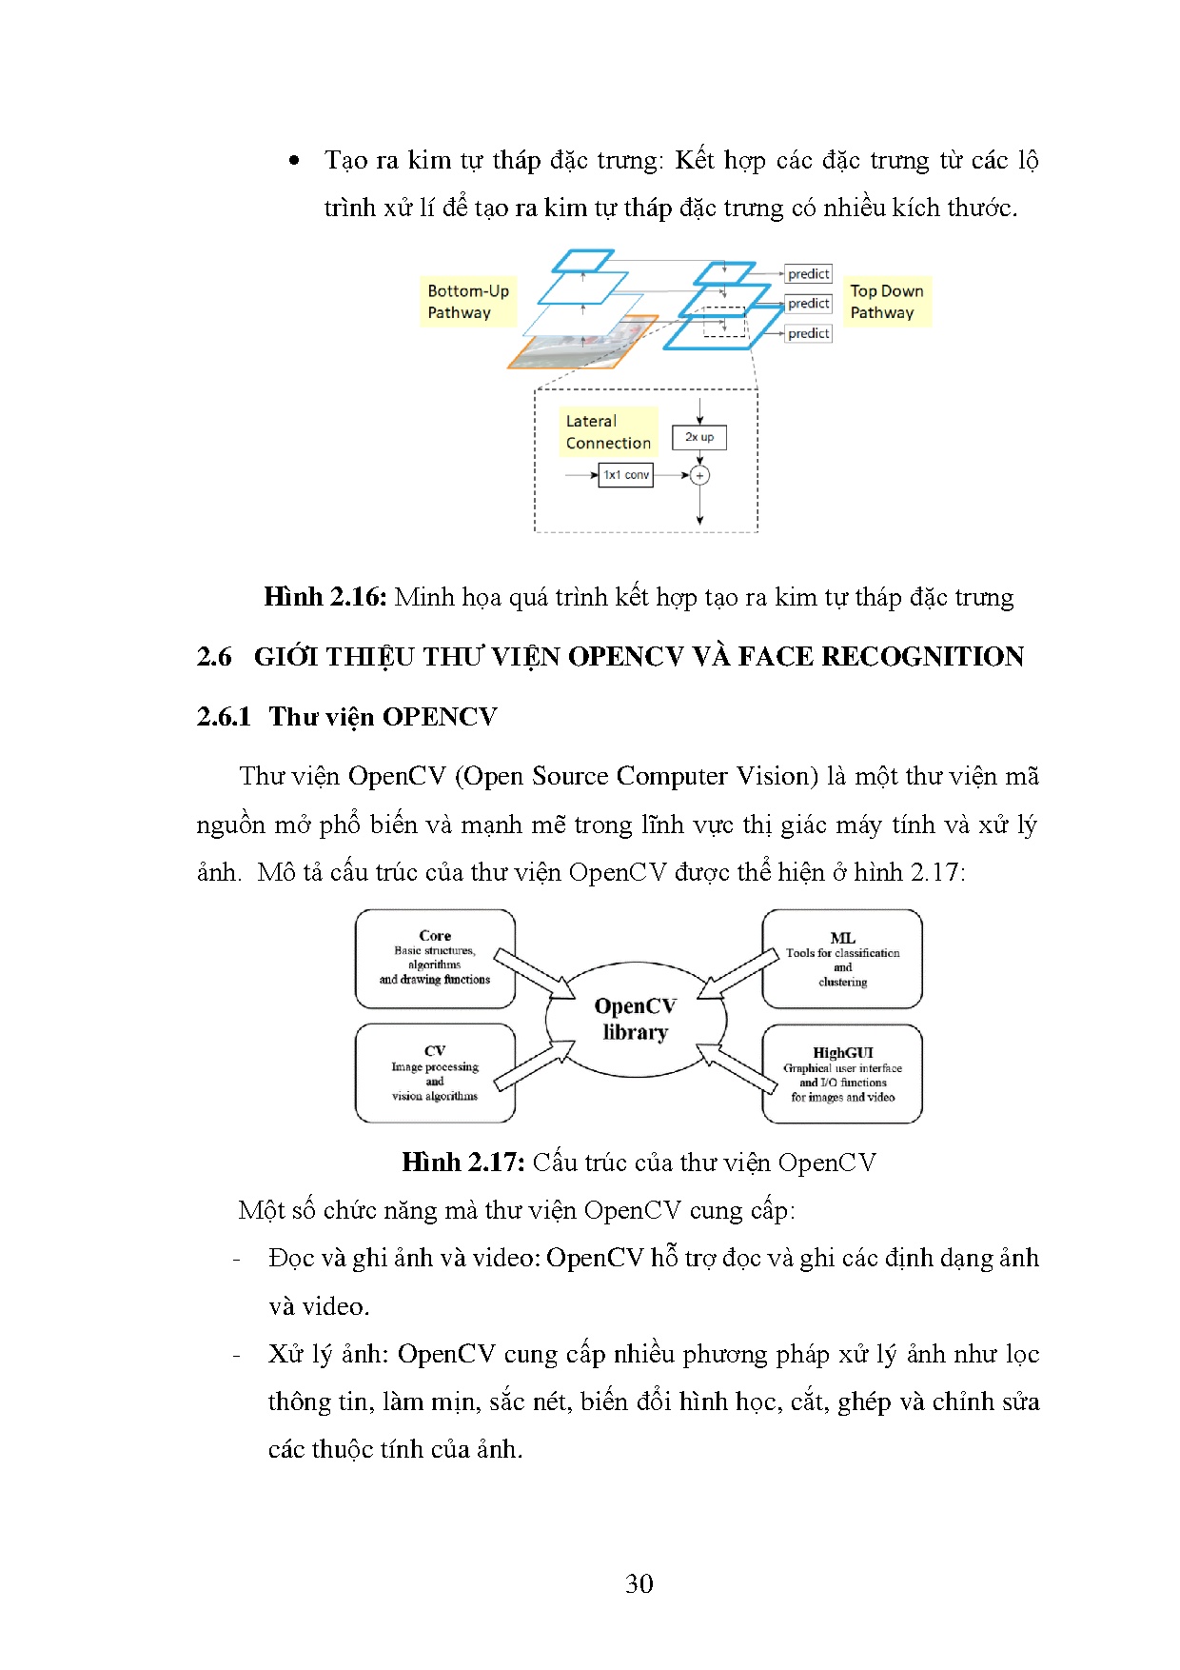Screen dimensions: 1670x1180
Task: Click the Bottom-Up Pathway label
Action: (x=467, y=302)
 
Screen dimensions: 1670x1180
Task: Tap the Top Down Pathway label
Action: (x=886, y=302)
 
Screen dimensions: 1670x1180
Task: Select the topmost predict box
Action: (x=809, y=274)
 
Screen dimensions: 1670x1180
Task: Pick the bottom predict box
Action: (x=809, y=333)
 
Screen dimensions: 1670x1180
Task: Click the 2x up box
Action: (x=699, y=437)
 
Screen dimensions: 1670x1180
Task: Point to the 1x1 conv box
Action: (x=625, y=474)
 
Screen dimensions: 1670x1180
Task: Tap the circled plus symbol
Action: (x=699, y=475)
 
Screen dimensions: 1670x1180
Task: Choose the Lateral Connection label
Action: (x=607, y=432)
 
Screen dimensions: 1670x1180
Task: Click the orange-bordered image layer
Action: (x=580, y=344)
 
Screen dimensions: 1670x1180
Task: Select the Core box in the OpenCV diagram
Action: (x=435, y=959)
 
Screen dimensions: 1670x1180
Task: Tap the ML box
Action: (x=842, y=959)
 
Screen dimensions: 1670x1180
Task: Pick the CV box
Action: (x=435, y=1073)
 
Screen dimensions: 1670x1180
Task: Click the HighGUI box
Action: (x=842, y=1074)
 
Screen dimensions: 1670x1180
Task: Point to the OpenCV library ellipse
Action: (x=636, y=1019)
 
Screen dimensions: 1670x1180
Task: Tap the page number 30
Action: (x=639, y=1583)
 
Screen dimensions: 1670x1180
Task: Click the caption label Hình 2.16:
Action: (x=324, y=597)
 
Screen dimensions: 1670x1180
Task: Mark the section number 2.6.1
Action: (x=224, y=717)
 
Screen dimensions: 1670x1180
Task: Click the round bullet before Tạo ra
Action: (x=295, y=161)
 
